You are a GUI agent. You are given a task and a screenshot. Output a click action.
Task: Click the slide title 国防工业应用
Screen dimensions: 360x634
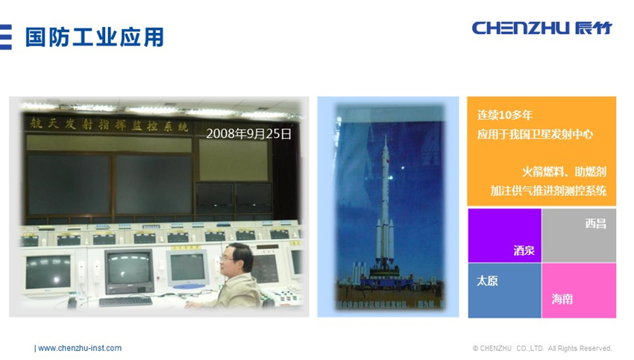click(x=94, y=37)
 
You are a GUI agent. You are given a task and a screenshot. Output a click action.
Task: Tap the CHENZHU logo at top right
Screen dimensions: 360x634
click(x=542, y=28)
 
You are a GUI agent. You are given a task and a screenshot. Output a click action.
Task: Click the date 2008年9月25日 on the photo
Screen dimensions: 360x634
click(x=248, y=133)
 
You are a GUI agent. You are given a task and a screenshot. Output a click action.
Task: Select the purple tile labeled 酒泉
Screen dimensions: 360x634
click(x=504, y=236)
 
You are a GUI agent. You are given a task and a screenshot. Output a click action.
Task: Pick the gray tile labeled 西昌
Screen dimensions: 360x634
click(x=580, y=236)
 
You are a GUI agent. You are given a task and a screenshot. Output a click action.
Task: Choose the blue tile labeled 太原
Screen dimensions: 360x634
click(x=504, y=290)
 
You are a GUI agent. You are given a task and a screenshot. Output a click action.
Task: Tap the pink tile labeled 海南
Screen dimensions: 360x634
click(x=579, y=291)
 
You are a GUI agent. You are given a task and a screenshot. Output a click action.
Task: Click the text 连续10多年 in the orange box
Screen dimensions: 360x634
click(x=505, y=116)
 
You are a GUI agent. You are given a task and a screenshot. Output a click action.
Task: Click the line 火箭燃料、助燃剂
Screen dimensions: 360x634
click(x=563, y=171)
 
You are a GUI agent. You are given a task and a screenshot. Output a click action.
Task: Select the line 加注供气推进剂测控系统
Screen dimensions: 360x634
click(x=548, y=191)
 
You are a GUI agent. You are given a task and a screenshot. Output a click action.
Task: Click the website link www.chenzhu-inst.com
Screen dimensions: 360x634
click(x=79, y=348)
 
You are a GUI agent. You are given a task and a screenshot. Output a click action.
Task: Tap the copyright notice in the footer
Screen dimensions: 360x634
click(x=542, y=348)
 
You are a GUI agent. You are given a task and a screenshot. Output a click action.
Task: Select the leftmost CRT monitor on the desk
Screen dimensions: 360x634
click(x=48, y=273)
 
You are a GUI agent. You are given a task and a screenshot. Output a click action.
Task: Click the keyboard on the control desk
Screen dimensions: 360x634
click(x=125, y=301)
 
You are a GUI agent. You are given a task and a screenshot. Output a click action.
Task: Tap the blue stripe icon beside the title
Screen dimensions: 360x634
click(x=5, y=37)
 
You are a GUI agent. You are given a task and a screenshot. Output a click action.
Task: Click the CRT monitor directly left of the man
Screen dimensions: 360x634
click(x=186, y=268)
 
